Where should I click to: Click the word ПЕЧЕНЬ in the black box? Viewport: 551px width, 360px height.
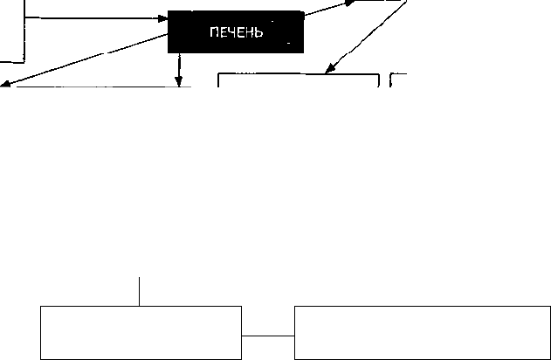tap(236, 32)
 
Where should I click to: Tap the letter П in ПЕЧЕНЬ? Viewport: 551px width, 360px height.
tap(214, 32)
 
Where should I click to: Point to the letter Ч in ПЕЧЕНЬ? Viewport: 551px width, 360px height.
tap(231, 32)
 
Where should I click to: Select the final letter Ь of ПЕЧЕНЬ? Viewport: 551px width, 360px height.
tap(259, 32)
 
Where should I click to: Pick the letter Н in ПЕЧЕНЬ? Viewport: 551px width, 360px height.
tap(250, 32)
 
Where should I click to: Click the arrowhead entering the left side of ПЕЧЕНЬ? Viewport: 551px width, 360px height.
tap(163, 18)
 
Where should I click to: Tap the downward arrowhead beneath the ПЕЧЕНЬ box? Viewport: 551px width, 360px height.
tap(179, 81)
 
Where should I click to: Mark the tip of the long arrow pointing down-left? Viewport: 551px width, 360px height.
tap(1, 85)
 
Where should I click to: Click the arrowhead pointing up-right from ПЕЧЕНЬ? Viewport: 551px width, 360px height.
tap(350, 3)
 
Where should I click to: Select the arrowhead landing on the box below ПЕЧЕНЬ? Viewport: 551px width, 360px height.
tap(329, 69)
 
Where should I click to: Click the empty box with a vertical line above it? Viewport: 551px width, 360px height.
tap(141, 333)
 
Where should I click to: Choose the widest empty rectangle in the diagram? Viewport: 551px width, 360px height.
tap(423, 333)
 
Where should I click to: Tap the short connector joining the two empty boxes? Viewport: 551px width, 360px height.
tap(268, 336)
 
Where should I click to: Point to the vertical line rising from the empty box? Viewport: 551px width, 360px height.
tap(139, 292)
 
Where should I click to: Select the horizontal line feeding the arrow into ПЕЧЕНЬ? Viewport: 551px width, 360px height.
tap(92, 17)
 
